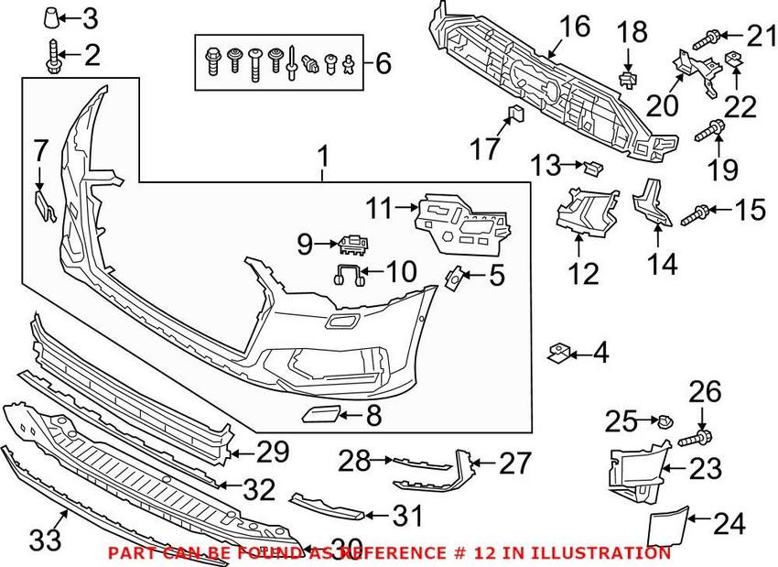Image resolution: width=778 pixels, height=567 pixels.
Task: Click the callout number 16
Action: (x=576, y=26)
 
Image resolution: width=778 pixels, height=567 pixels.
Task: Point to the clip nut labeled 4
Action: (x=558, y=351)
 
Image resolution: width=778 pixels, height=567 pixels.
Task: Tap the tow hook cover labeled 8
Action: (x=319, y=417)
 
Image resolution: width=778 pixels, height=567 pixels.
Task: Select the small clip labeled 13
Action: (x=593, y=166)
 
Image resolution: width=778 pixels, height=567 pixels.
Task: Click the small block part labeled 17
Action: (x=514, y=115)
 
